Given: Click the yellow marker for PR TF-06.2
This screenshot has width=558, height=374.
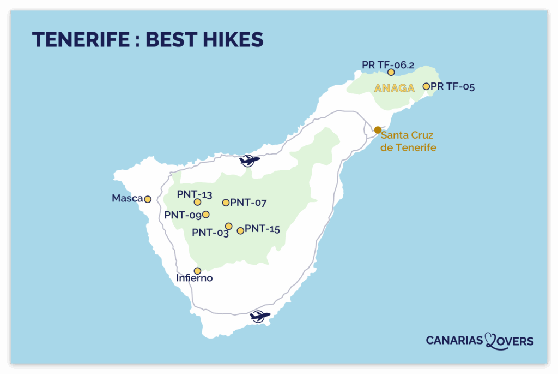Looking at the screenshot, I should (391, 72).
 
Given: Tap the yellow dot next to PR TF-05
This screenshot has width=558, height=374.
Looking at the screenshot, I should (426, 86).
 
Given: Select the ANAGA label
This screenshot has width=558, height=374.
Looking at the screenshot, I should (395, 88).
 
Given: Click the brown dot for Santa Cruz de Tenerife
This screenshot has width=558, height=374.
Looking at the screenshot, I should (378, 130).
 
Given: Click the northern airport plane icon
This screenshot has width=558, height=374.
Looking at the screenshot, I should (250, 161).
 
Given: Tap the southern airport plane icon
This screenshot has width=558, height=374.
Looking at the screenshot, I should (260, 316).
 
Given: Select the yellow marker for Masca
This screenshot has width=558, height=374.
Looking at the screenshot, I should (147, 199).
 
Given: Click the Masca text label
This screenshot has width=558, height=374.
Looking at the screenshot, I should (127, 199).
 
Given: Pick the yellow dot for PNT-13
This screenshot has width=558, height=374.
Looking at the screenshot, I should (197, 202).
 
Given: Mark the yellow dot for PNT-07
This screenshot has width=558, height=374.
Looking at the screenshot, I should (226, 203).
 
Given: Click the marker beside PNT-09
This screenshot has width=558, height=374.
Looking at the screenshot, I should (205, 214).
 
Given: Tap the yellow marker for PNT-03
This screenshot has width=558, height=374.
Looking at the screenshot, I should (228, 226).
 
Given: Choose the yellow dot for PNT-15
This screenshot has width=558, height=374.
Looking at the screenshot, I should (240, 231).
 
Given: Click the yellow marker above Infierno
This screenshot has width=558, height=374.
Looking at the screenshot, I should (197, 271).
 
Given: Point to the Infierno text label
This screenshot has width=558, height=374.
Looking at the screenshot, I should (194, 278).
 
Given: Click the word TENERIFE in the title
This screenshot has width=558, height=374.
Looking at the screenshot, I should (77, 40).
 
